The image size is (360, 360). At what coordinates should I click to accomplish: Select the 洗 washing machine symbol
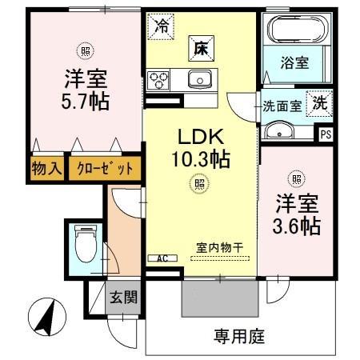(x=318, y=103)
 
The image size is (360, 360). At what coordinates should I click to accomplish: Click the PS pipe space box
(x=326, y=134)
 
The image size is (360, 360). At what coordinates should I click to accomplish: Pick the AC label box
(x=161, y=258)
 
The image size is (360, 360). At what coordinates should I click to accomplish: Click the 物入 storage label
(x=45, y=169)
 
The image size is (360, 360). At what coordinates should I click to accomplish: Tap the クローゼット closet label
(x=106, y=169)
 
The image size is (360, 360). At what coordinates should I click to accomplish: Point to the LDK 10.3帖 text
(x=202, y=147)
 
